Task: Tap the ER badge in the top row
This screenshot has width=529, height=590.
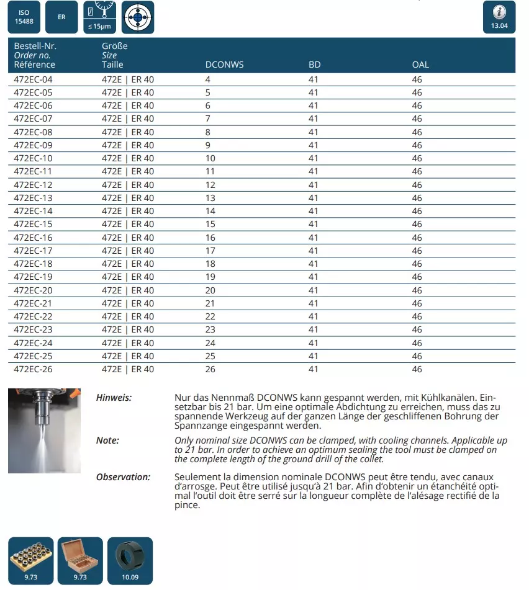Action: pos(61,17)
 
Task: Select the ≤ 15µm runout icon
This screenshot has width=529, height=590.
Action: pos(99,17)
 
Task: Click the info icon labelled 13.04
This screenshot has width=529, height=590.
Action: pos(499,17)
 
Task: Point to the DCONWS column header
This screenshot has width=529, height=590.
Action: pos(224,65)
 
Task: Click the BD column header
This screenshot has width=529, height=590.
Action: pos(314,65)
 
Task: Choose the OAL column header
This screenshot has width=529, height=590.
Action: pos(420,65)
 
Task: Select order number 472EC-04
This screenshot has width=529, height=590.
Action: pos(33,79)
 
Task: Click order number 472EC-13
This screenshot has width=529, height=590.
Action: pos(33,198)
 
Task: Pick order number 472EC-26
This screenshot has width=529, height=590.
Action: pos(33,369)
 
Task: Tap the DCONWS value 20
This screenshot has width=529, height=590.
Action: pos(210,290)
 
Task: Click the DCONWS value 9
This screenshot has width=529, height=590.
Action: pos(208,145)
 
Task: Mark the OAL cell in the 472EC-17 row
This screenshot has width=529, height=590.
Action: pos(417,251)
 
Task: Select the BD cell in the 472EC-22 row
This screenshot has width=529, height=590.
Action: pos(313,316)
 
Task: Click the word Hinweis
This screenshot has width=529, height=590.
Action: pos(114,398)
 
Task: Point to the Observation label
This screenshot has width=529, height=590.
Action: pos(123,477)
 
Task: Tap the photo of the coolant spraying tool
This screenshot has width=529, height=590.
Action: pos(44,431)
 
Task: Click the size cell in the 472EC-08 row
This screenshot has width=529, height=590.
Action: pos(127,132)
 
